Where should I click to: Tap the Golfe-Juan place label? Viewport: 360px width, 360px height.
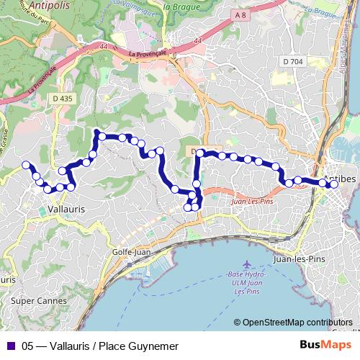click(x=131, y=252)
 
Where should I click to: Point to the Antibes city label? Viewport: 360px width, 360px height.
click(x=341, y=178)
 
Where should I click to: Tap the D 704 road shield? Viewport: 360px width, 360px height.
click(x=292, y=62)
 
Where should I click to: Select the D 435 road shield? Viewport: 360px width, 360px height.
click(x=63, y=98)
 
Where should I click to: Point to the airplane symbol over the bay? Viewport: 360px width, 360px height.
click(x=248, y=265)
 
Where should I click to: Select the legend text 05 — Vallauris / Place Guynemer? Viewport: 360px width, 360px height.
click(x=99, y=346)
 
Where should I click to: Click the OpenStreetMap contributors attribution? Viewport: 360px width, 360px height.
click(x=297, y=323)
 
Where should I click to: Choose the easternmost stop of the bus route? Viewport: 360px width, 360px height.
click(x=333, y=184)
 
